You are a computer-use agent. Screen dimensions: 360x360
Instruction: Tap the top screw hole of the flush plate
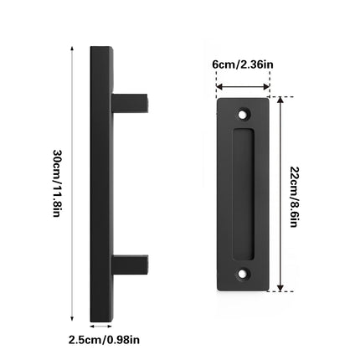click(244, 111)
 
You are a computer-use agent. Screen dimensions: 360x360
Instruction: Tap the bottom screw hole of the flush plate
click(244, 272)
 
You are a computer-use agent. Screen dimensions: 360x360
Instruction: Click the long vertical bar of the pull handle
click(100, 184)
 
